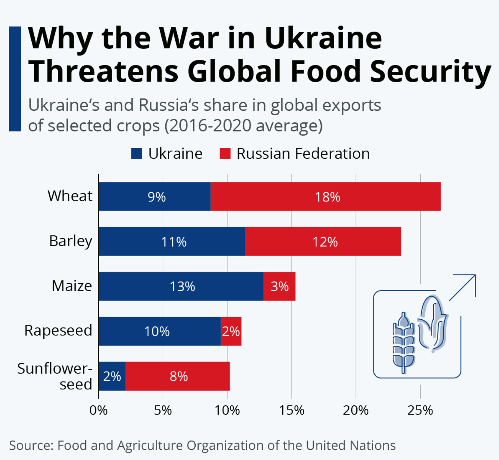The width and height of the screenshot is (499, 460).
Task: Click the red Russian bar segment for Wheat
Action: pyautogui.click(x=325, y=196)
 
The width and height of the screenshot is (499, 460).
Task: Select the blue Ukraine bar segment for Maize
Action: pyautogui.click(x=181, y=286)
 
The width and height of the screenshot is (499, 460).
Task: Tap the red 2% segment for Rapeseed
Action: pyautogui.click(x=231, y=331)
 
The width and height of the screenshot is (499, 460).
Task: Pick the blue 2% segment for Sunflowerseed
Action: pyautogui.click(x=112, y=376)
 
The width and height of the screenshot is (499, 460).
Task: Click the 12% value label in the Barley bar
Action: pyautogui.click(x=325, y=242)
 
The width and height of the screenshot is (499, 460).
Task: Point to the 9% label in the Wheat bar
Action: pyautogui.click(x=157, y=197)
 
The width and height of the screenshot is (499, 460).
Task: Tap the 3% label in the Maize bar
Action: pyautogui.click(x=280, y=286)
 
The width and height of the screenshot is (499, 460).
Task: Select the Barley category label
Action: pyautogui.click(x=71, y=241)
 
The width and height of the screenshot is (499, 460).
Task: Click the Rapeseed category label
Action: pyautogui.click(x=58, y=330)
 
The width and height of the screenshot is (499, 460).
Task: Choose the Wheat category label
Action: pyautogui.click(x=70, y=196)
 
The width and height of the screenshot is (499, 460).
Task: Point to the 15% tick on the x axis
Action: pyautogui.click(x=292, y=410)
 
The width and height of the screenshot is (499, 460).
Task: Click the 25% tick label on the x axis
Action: pyautogui.click(x=420, y=410)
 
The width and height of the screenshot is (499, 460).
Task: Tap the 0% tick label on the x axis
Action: pyautogui.click(x=99, y=410)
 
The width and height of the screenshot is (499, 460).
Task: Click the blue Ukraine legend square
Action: pyautogui.click(x=137, y=153)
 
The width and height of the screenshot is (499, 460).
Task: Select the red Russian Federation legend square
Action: pyautogui.click(x=225, y=153)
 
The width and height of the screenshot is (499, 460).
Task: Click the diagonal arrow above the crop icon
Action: pyautogui.click(x=463, y=287)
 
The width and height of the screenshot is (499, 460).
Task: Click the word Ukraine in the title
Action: pyautogui.click(x=323, y=38)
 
